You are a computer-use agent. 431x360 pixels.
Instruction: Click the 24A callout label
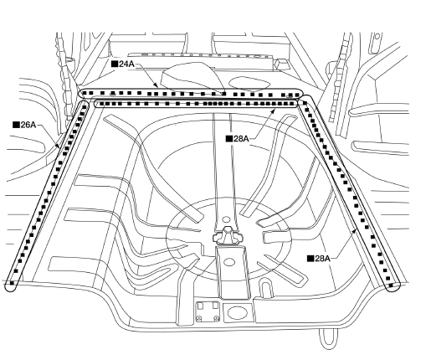point(126,64)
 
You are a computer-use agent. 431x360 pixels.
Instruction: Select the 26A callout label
point(28,125)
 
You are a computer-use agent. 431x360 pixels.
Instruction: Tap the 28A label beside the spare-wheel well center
point(241,139)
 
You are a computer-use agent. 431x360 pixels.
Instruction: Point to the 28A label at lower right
point(322,259)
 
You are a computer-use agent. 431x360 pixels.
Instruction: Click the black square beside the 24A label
point(115,64)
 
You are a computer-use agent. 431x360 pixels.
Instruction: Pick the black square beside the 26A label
point(17,125)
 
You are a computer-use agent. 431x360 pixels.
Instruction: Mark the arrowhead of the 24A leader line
point(156,85)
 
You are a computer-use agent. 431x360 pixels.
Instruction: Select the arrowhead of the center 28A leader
point(274,111)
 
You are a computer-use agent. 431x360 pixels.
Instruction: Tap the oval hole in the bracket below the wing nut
point(229,262)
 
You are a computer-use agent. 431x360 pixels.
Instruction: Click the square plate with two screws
point(208,311)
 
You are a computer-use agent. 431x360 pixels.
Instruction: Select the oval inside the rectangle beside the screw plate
point(237,312)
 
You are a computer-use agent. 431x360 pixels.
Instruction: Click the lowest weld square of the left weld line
point(12,283)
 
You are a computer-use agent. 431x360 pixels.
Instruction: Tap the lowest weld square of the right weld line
point(391,285)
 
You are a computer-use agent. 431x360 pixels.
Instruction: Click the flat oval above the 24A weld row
point(249,83)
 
